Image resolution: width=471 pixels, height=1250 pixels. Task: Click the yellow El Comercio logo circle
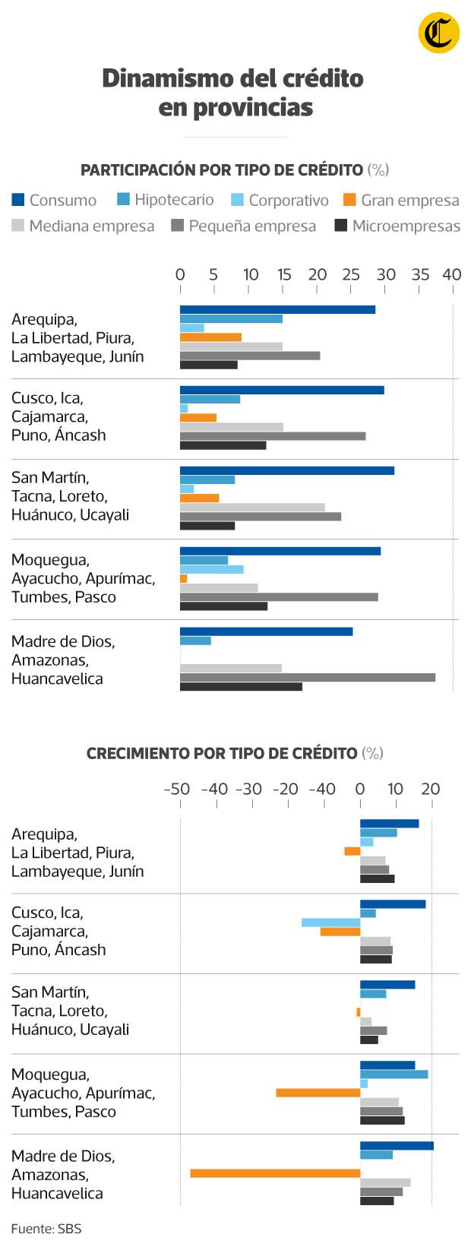(x=439, y=33)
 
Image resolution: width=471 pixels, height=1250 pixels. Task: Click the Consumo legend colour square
(x=18, y=201)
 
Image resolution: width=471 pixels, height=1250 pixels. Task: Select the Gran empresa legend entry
(x=401, y=201)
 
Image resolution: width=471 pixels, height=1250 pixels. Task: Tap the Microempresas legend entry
(x=397, y=226)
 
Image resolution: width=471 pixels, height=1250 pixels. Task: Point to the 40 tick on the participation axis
(x=451, y=275)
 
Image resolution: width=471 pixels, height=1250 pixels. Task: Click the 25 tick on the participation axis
(x=352, y=275)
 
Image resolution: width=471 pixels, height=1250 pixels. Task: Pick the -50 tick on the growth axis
(x=177, y=790)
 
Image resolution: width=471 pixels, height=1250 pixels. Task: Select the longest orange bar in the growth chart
(x=275, y=1173)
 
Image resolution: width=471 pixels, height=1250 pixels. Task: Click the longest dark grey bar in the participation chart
(x=308, y=677)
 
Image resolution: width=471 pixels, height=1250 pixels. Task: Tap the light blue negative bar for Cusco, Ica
(x=330, y=922)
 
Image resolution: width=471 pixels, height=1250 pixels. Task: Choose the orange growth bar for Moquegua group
(x=318, y=1093)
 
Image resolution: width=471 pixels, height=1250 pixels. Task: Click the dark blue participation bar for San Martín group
(x=287, y=470)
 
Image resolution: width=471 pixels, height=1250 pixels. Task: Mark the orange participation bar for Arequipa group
(x=210, y=337)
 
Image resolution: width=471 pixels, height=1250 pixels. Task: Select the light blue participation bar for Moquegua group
(x=212, y=569)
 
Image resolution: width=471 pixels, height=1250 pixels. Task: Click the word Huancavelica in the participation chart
(x=57, y=679)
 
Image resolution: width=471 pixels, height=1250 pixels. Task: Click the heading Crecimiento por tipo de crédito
(x=221, y=753)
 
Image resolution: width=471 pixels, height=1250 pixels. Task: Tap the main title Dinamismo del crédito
(x=233, y=78)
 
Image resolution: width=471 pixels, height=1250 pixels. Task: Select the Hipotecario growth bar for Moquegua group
(x=394, y=1074)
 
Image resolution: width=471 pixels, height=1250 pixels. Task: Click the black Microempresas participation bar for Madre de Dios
(x=241, y=687)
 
